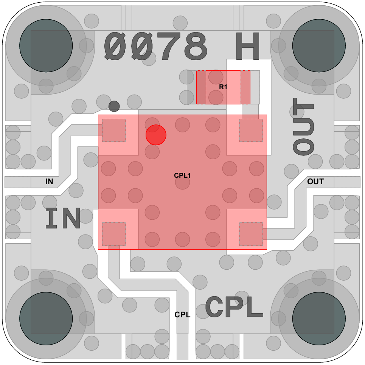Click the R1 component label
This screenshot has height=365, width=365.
[223, 87]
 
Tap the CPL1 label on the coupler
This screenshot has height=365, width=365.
[182, 176]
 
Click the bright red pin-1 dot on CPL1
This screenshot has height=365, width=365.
[156, 135]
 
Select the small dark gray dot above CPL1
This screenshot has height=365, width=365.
[114, 106]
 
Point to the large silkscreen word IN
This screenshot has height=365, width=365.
[63, 218]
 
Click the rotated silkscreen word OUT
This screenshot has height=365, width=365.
[303, 126]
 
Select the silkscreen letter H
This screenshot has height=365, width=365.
[248, 46]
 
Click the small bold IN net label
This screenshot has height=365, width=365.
[49, 182]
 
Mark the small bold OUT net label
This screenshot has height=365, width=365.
[315, 182]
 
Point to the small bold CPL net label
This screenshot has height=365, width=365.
[182, 315]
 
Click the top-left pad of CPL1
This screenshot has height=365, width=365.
[113, 130]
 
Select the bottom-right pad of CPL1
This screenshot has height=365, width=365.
[251, 234]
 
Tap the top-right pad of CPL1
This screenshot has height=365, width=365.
[251, 130]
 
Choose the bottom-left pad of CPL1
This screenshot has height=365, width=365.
[113, 234]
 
